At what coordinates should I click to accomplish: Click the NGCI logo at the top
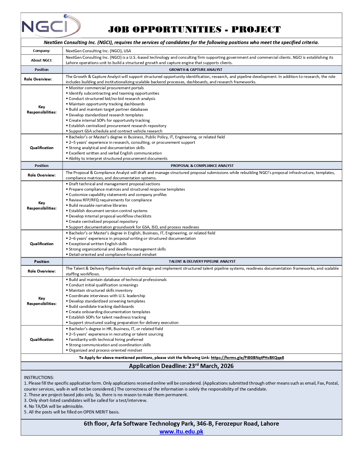[x=51, y=26]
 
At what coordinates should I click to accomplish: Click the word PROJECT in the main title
[x=256, y=29]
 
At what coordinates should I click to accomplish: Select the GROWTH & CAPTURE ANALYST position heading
[x=196, y=69]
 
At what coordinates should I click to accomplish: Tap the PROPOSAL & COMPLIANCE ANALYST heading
[x=202, y=166]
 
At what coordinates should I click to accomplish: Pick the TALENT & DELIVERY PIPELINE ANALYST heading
[x=202, y=262]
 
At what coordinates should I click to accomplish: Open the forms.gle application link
[x=247, y=358]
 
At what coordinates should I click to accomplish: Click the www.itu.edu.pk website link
[x=181, y=432]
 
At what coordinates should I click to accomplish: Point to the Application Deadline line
[x=181, y=366]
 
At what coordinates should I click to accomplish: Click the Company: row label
[x=42, y=51]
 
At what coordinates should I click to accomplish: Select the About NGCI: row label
[x=42, y=60]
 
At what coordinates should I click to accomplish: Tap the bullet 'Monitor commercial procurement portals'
[x=106, y=88]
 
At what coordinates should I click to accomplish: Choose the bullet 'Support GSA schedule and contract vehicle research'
[x=115, y=131]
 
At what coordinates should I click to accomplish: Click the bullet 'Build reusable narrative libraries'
[x=98, y=205]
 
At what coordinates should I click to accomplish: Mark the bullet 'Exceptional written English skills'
[x=98, y=244]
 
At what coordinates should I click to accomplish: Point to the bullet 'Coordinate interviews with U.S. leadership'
[x=107, y=296]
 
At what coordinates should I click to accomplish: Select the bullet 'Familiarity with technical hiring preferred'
[x=106, y=339]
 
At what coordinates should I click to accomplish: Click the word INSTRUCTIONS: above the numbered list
[x=39, y=377]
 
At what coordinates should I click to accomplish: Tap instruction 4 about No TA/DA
[x=54, y=406]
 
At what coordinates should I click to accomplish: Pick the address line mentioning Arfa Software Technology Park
[x=181, y=424]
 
